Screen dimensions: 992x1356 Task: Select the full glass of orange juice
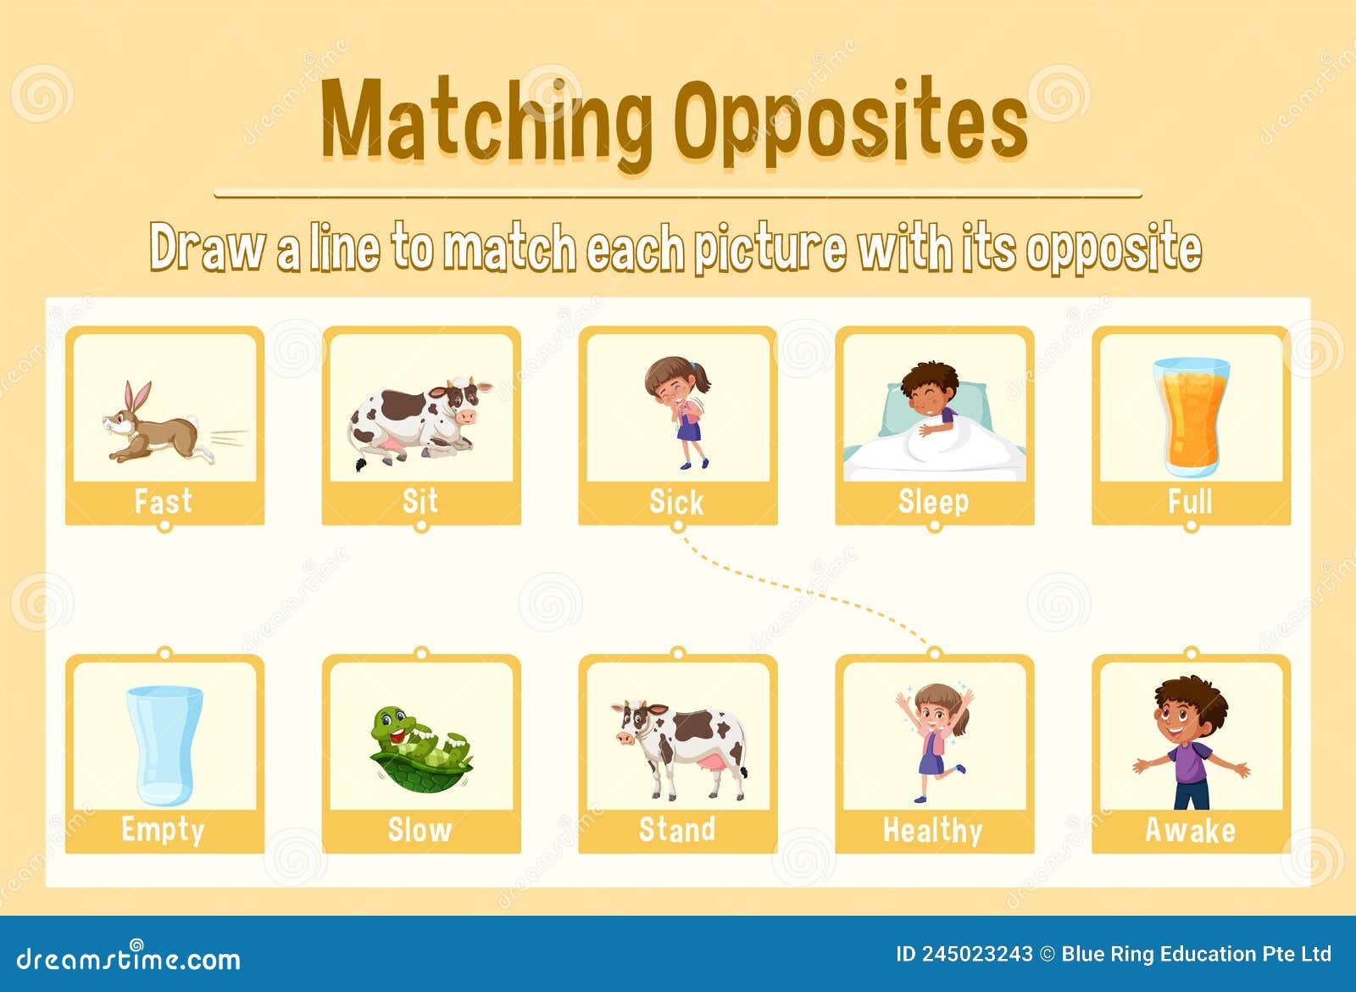(1191, 415)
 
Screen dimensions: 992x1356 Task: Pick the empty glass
(164, 744)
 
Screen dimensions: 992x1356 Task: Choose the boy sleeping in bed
(932, 420)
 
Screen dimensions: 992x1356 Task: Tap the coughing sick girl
(678, 411)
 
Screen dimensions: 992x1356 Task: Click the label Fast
(164, 501)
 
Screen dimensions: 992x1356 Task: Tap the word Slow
(420, 829)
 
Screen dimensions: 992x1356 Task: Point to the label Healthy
(933, 830)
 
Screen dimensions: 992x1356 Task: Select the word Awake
(1190, 829)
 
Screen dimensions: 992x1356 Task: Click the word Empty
(163, 829)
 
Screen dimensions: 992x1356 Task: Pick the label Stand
(677, 829)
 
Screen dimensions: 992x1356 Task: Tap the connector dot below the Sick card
(677, 527)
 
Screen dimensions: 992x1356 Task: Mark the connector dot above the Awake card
(1191, 653)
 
